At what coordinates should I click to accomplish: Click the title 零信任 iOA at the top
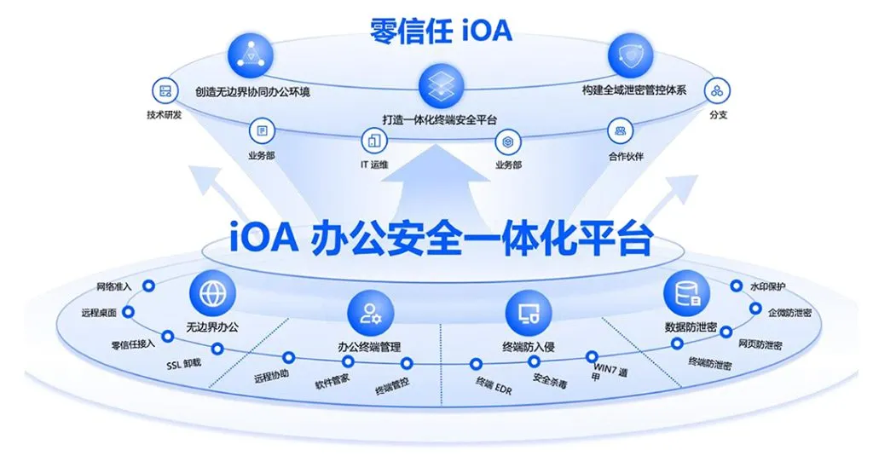[x=441, y=30]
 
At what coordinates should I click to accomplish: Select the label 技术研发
[x=165, y=115]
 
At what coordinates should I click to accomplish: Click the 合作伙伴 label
[x=627, y=157]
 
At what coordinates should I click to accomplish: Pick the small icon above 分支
[x=718, y=89]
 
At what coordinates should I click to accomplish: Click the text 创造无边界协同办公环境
[x=251, y=90]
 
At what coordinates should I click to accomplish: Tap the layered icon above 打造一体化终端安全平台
[x=440, y=86]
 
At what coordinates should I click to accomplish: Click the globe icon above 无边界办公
[x=212, y=292]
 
